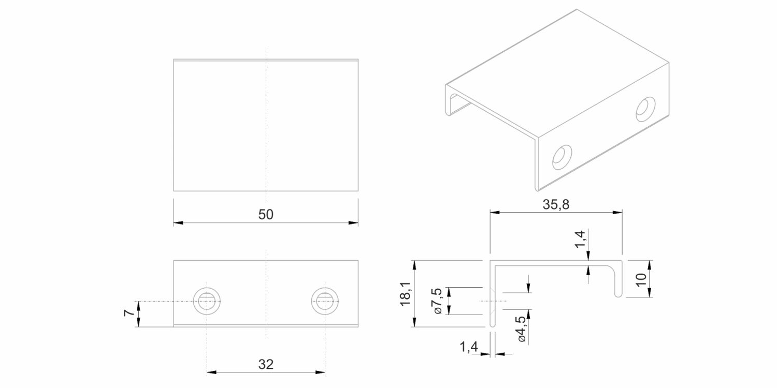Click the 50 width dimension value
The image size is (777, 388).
266,215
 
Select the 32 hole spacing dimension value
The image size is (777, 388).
266,364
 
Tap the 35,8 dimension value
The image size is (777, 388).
556,204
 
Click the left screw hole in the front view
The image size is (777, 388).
207,301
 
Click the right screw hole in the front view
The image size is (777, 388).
325,301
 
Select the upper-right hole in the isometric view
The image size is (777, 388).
645,109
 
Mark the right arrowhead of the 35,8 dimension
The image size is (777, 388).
617,212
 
